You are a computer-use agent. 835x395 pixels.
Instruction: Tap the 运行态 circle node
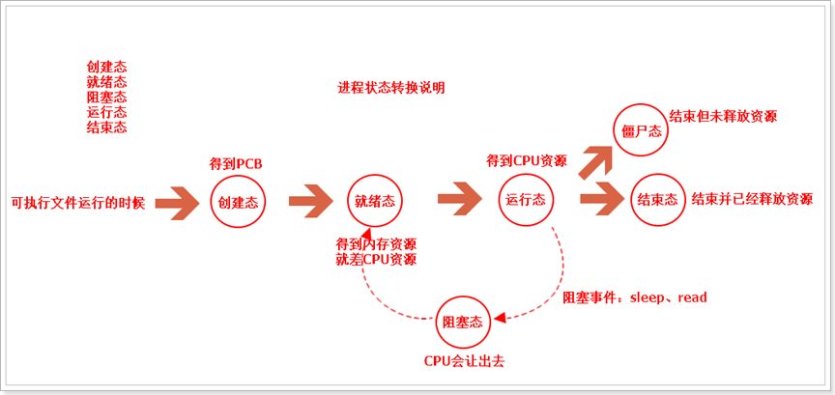coord(526,200)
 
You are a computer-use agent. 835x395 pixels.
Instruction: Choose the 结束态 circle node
coord(657,200)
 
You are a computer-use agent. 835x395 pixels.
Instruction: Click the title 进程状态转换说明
coord(391,88)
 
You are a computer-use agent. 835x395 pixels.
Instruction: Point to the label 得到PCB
coord(236,165)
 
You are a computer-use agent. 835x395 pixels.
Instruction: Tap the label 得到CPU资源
coord(527,160)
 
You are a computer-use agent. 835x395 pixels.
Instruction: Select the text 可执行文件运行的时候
coord(77,203)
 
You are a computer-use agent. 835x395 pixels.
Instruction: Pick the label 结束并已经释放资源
coord(752,200)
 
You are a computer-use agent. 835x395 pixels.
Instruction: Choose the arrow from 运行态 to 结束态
coord(602,200)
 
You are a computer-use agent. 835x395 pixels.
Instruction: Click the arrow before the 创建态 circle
coord(178,202)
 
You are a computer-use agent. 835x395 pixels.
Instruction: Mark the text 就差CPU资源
coord(376,260)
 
